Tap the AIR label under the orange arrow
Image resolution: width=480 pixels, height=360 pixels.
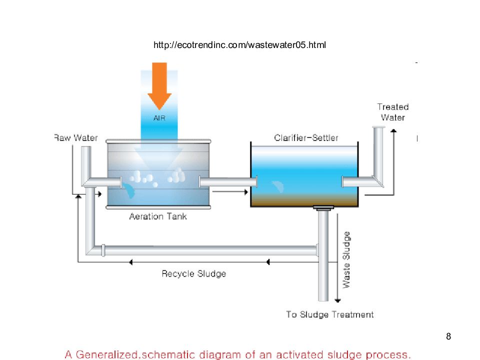[x=159, y=118]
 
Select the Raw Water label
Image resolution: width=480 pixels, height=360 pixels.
[x=76, y=138]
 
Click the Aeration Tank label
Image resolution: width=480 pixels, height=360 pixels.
[x=158, y=216]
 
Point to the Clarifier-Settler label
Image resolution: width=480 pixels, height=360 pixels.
[x=306, y=138]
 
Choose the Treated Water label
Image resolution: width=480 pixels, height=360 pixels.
[x=393, y=112]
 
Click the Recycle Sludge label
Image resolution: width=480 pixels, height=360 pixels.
[x=194, y=273]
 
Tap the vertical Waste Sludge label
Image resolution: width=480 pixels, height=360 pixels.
[x=346, y=259]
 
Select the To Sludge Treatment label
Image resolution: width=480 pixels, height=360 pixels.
[x=329, y=314]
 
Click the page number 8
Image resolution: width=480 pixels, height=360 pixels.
[x=448, y=336]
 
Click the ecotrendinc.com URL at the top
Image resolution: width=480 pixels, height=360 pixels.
[x=239, y=45]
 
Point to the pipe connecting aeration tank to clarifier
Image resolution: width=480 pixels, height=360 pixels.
[x=228, y=182]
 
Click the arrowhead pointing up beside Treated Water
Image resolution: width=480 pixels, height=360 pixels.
[x=393, y=130]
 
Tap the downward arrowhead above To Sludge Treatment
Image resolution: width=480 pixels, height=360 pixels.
[x=337, y=301]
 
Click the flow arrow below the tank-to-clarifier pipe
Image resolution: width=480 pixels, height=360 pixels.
[x=230, y=192]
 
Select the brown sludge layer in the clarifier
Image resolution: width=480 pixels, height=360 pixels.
[x=304, y=200]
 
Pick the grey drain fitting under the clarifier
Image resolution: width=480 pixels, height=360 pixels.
[x=323, y=208]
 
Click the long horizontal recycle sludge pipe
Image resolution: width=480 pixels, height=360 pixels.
[x=209, y=250]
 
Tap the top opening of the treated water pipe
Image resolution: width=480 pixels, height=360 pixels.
[x=378, y=127]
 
